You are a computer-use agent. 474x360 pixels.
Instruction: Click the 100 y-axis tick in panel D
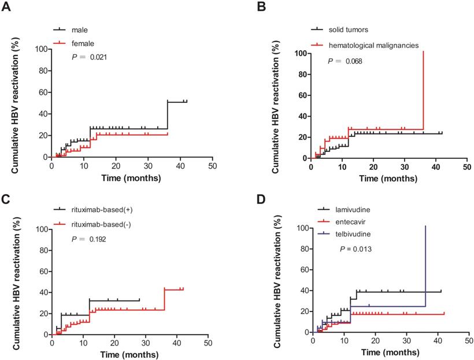(x=301, y=227)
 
